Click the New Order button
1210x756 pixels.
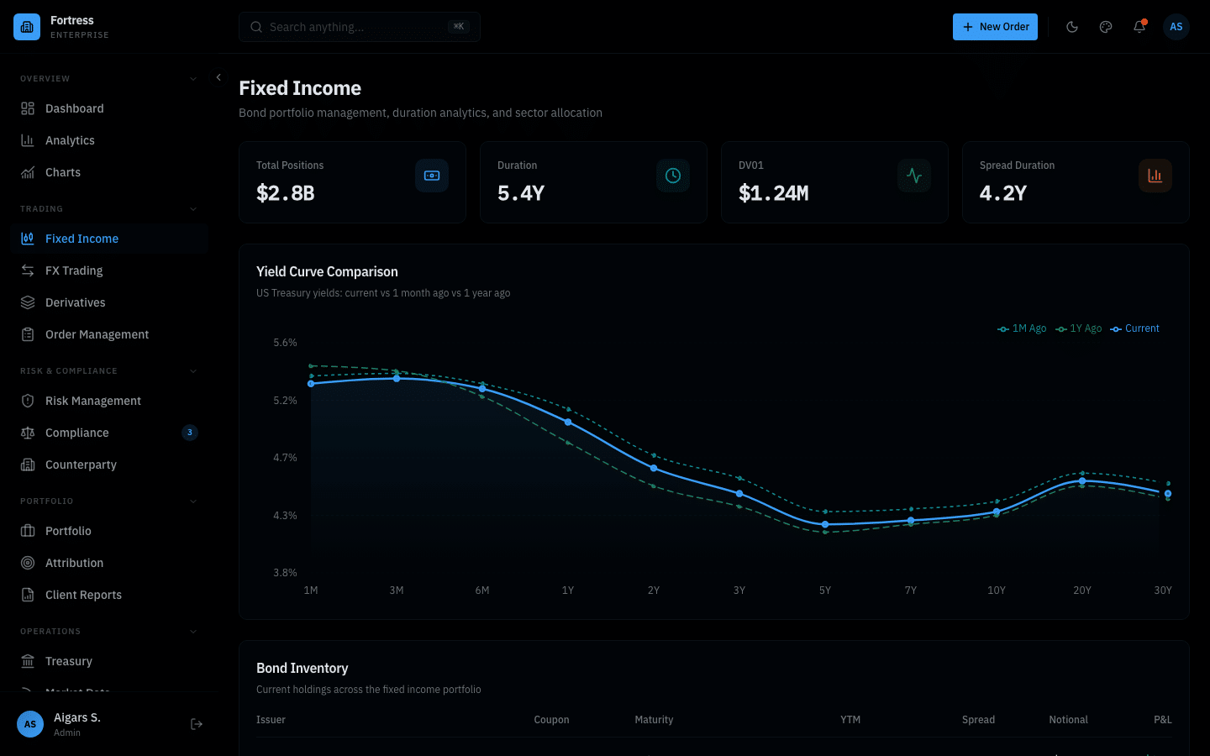coord(995,27)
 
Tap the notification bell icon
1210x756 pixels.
coord(1139,27)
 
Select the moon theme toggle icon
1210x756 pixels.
coord(1072,27)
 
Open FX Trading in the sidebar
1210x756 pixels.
coord(74,270)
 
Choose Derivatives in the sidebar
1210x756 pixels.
coord(76,302)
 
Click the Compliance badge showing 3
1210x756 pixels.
coord(190,433)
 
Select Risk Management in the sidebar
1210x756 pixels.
coord(92,401)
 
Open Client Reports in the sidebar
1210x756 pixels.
coord(83,595)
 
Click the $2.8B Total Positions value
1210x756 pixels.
coord(286,193)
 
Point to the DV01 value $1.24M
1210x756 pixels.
coord(773,193)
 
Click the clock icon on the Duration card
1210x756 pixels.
coord(673,176)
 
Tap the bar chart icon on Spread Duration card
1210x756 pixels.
coord(1155,176)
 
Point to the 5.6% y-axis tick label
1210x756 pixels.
coord(285,343)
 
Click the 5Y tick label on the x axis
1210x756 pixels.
coord(825,591)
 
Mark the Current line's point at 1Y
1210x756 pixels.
coord(568,422)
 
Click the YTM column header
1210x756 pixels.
coord(850,720)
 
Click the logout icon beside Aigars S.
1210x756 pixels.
coord(197,724)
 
